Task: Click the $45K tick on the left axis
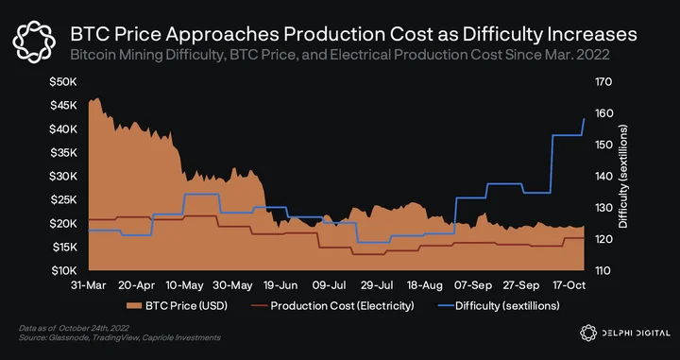point(64,106)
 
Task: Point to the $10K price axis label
point(64,271)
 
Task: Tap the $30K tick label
point(64,177)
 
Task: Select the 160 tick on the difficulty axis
point(603,113)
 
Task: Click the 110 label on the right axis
point(603,271)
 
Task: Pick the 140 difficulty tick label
point(603,177)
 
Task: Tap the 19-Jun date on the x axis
point(280,285)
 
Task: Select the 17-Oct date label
point(569,285)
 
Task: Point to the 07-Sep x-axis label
point(473,285)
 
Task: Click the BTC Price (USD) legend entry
point(177,306)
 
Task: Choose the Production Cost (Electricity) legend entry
point(332,306)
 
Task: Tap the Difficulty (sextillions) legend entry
point(500,306)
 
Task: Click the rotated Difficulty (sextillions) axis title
point(623,177)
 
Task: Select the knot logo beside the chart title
point(34,43)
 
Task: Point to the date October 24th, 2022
point(93,328)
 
